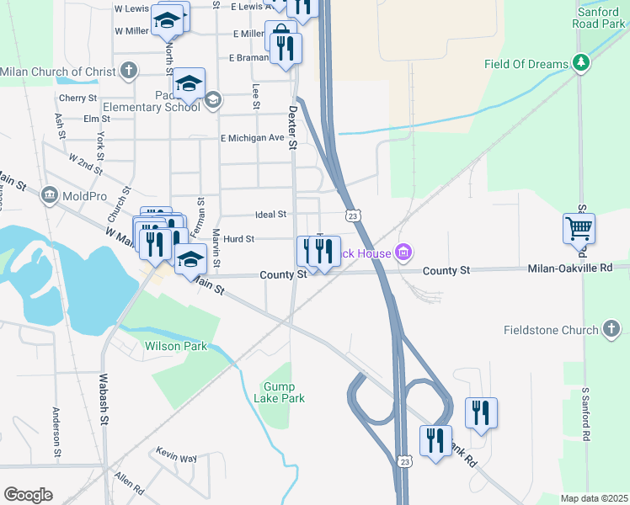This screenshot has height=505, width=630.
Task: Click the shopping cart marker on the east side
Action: [579, 228]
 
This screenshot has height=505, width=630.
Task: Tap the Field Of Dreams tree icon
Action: [579, 63]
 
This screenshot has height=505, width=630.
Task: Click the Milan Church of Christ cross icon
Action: [128, 71]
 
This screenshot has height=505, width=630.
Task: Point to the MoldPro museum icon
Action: [49, 195]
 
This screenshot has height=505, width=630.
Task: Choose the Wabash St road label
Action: [105, 399]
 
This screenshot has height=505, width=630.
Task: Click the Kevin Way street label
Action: [178, 458]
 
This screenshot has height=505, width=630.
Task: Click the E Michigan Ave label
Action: [252, 137]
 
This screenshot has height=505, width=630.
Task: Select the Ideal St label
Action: [271, 215]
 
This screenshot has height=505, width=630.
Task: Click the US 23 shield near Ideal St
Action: [355, 216]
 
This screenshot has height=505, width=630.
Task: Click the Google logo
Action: [28, 495]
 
